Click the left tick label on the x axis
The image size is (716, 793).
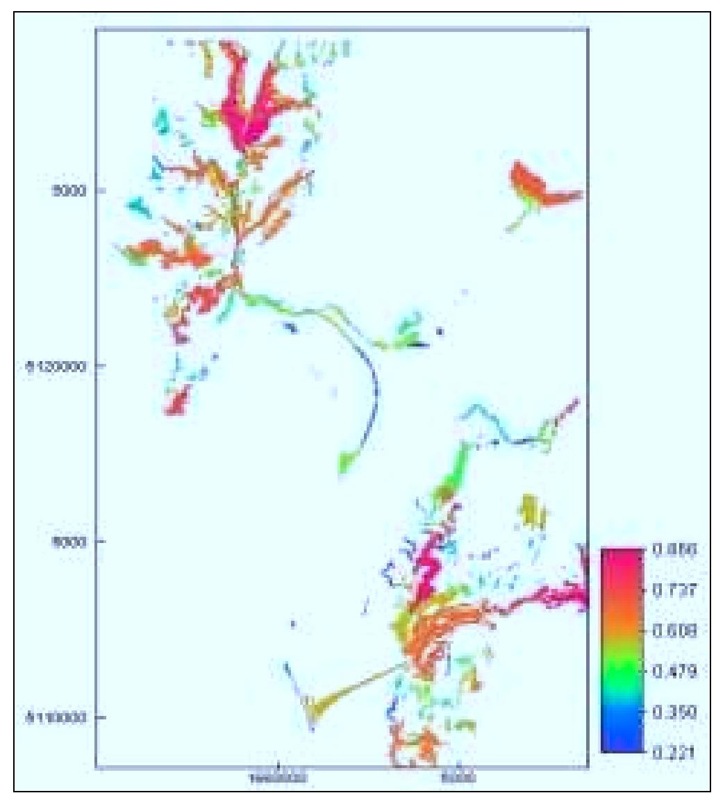[x=278, y=779]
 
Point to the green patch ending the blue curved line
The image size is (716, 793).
[x=347, y=460]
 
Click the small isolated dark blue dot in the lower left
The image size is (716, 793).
[x=293, y=624]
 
